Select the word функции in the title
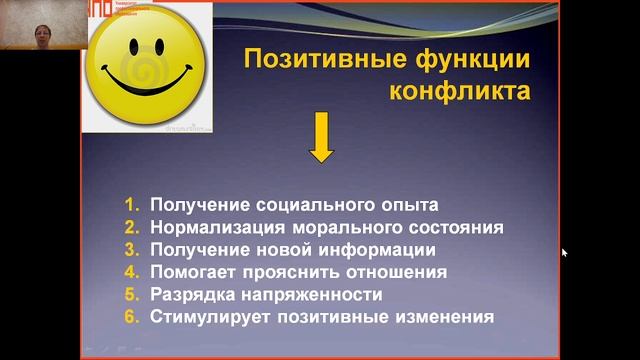pos(466,61)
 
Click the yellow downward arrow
pos(321,139)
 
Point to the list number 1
pos(130,205)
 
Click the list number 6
pos(130,317)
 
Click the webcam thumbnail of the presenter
pos(40,25)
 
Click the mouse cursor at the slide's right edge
pos(564,253)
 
